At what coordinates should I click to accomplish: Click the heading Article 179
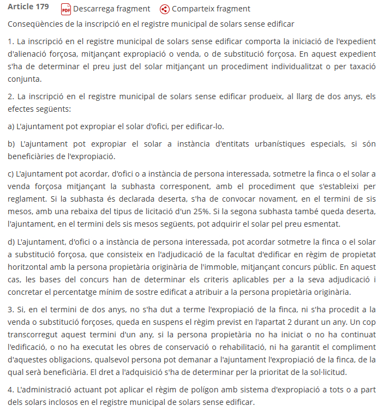(x=28, y=8)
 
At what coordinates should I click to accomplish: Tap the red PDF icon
(x=66, y=9)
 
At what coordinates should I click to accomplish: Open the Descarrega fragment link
(x=111, y=9)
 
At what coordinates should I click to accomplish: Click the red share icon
(x=165, y=9)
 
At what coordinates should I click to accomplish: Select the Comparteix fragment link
(x=211, y=9)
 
